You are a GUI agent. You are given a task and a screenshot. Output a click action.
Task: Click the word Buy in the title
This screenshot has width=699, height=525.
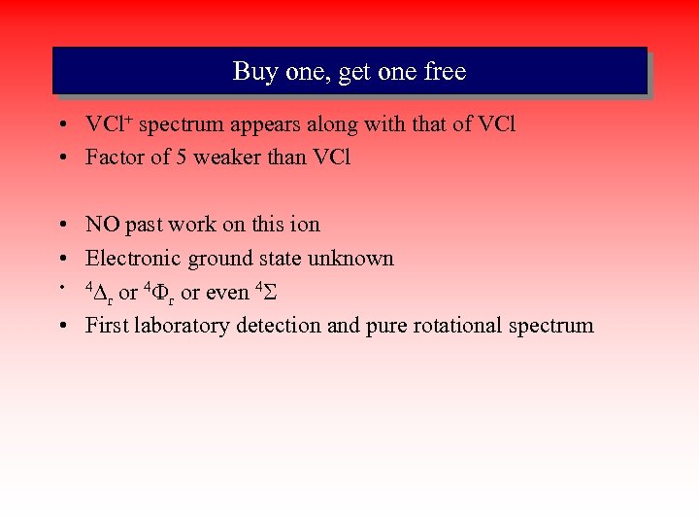252,72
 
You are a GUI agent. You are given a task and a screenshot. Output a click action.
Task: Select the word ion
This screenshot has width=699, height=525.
303,225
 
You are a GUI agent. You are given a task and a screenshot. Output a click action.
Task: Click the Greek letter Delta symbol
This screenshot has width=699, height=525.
99,292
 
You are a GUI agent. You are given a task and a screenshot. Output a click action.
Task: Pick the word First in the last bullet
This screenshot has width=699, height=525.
104,326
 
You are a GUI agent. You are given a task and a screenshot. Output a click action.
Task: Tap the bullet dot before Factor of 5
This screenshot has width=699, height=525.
61,157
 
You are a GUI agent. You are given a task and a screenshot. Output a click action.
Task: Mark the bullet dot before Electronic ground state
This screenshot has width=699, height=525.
61,260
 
